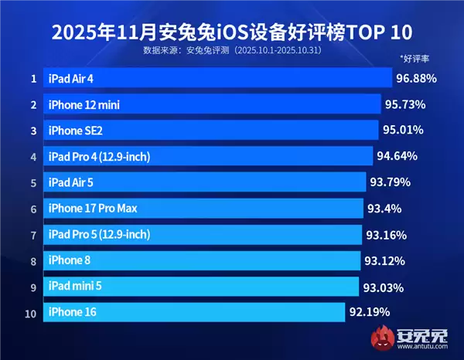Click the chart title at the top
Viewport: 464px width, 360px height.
coord(232,32)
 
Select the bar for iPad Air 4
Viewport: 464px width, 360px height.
coord(217,78)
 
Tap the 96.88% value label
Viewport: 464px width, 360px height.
coord(416,78)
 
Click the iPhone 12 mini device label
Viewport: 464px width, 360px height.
coord(84,104)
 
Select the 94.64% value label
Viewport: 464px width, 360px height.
coord(397,156)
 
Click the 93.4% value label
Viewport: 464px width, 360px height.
coord(385,209)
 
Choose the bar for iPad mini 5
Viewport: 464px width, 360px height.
coord(201,287)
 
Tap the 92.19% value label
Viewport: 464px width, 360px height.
coord(369,313)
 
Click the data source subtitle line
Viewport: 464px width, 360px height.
coord(232,51)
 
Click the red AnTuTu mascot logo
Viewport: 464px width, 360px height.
coord(381,338)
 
